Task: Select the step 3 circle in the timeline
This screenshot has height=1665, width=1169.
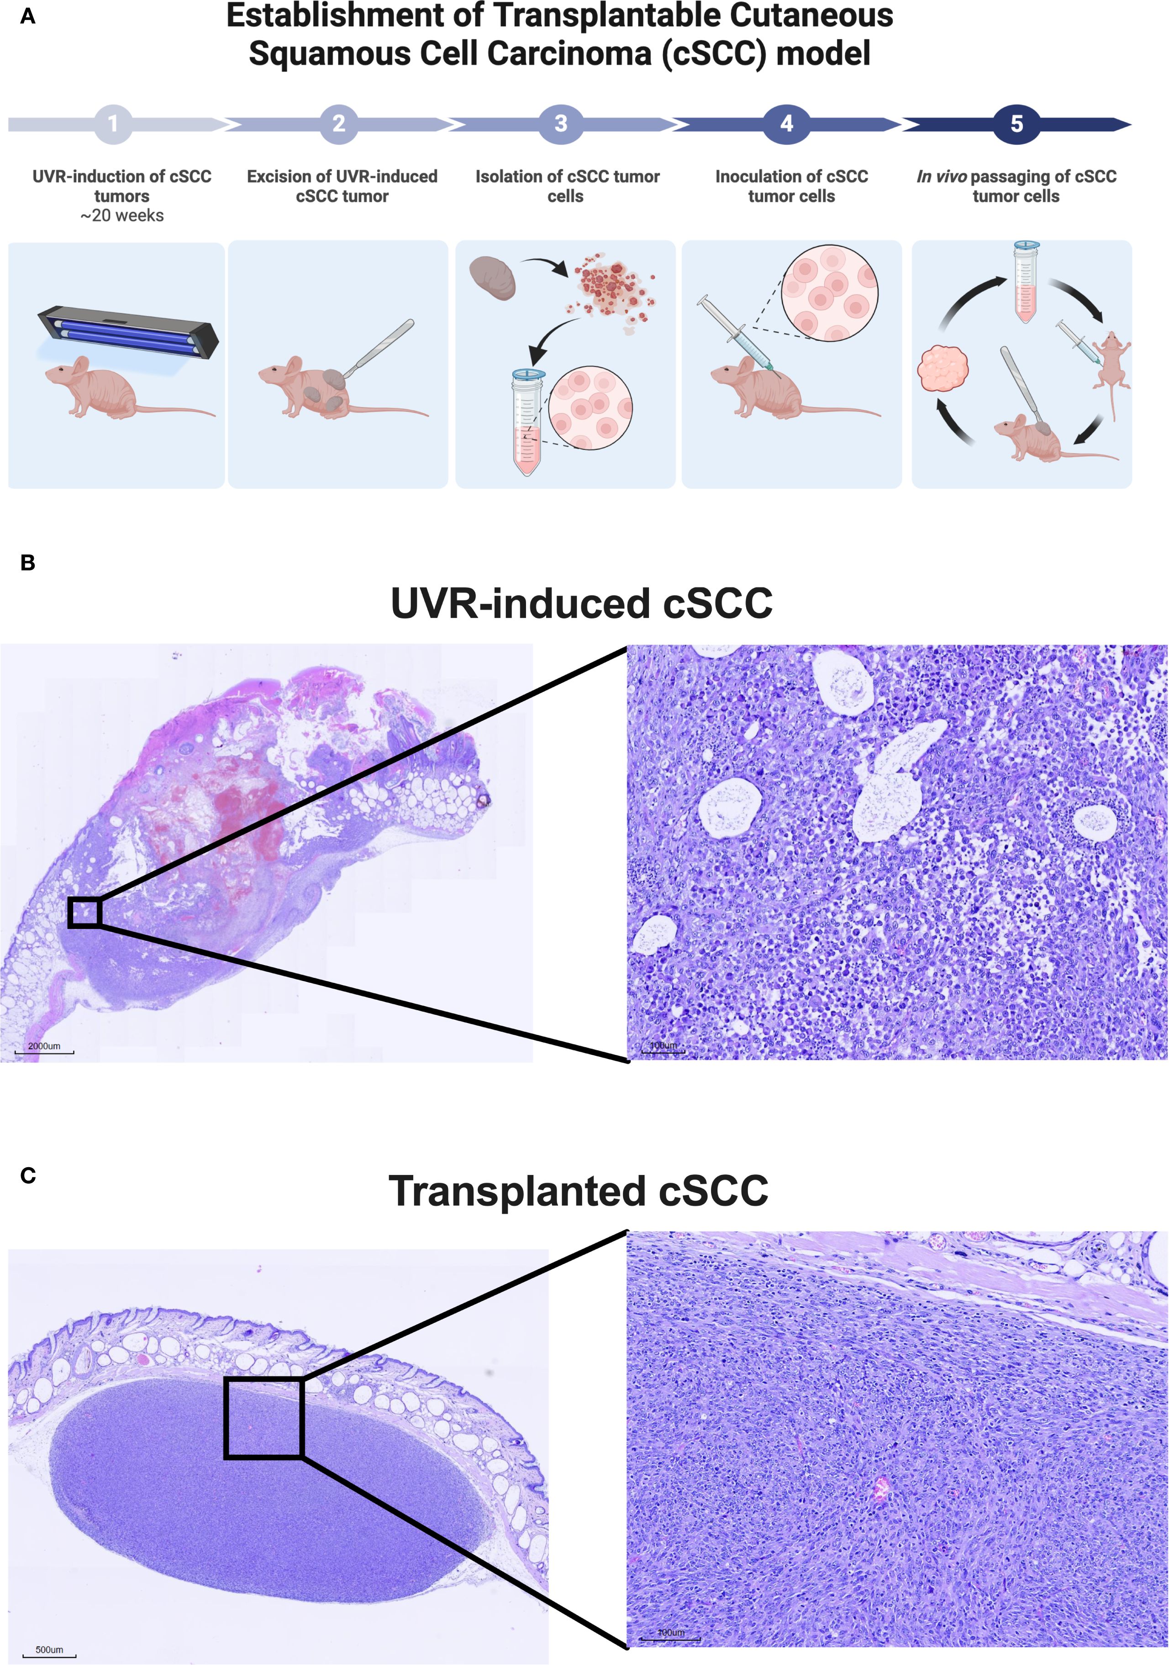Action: point(560,124)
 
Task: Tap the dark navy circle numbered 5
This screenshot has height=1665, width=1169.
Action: point(1016,124)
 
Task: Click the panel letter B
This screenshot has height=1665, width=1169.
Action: point(27,563)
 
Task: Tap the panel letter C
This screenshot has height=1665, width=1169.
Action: point(27,1175)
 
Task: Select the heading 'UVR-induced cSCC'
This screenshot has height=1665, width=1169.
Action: point(581,603)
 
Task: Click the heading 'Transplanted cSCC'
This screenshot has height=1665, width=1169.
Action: point(578,1191)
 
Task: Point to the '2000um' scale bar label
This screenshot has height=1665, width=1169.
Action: point(44,1046)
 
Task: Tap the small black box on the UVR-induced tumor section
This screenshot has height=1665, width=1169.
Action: point(84,912)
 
